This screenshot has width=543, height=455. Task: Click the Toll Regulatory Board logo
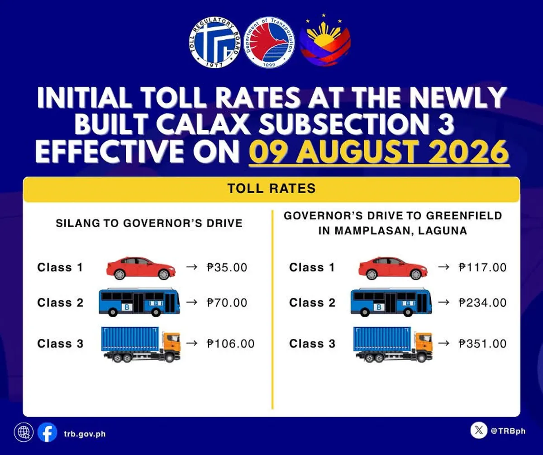pyautogui.click(x=215, y=43)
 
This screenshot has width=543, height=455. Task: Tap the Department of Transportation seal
pyautogui.click(x=269, y=43)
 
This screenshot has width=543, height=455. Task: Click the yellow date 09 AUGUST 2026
pyautogui.click(x=379, y=152)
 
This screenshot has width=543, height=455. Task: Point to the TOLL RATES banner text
pyautogui.click(x=271, y=188)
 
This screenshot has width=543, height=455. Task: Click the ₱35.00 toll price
pyautogui.click(x=227, y=268)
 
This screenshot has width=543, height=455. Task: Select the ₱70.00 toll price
pyautogui.click(x=227, y=303)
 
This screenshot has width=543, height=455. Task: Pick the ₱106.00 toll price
pyautogui.click(x=230, y=344)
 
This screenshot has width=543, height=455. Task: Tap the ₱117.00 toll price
pyautogui.click(x=482, y=268)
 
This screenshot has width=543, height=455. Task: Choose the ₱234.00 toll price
pyautogui.click(x=482, y=303)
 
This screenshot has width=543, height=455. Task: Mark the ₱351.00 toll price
pyautogui.click(x=482, y=344)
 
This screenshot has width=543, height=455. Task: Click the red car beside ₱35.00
pyautogui.click(x=141, y=268)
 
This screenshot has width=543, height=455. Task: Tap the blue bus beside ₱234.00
pyautogui.click(x=391, y=302)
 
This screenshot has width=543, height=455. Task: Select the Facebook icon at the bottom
pyautogui.click(x=48, y=432)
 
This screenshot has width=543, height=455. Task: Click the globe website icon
pyautogui.click(x=24, y=432)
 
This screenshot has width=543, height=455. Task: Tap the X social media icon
pyautogui.click(x=479, y=430)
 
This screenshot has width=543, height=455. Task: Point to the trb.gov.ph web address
pyautogui.click(x=85, y=434)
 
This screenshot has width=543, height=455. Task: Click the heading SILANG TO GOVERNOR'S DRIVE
pyautogui.click(x=149, y=223)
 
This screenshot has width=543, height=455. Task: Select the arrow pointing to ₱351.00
pyautogui.click(x=443, y=343)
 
